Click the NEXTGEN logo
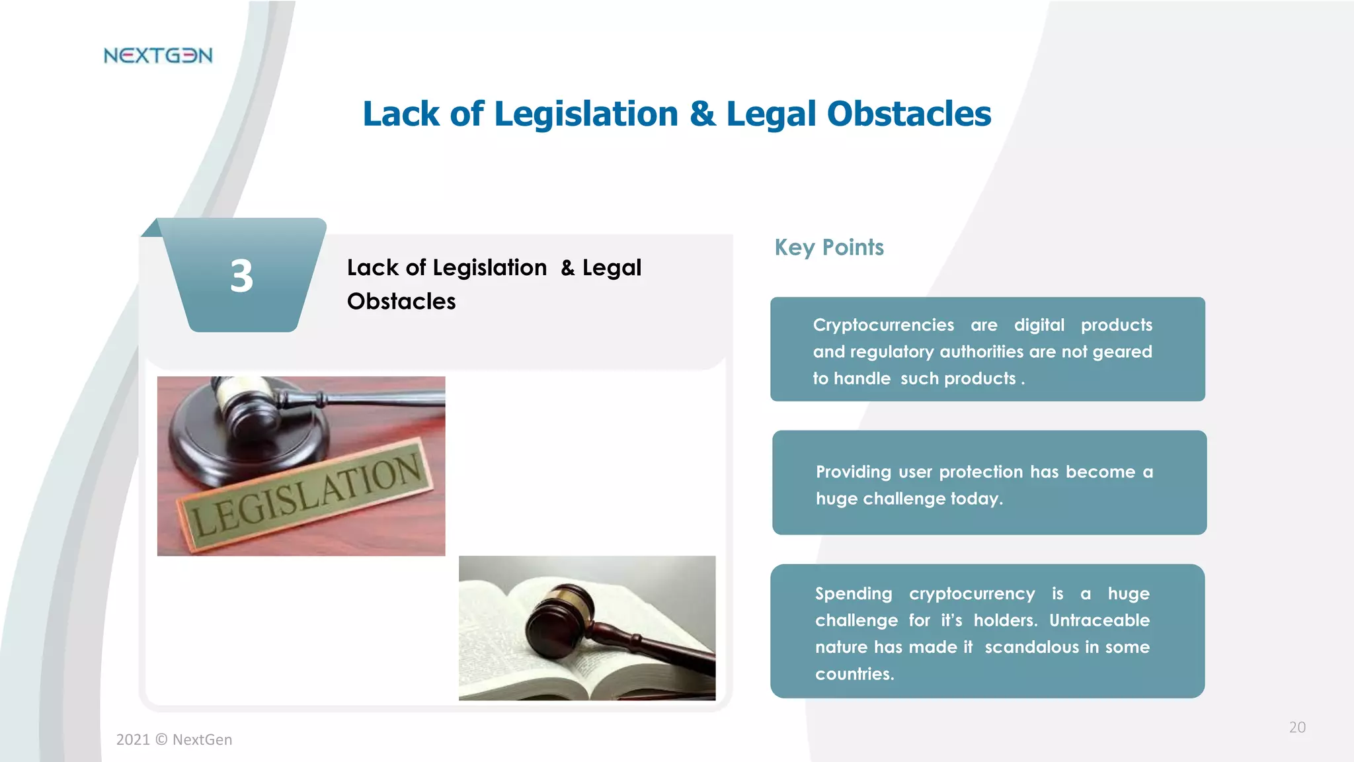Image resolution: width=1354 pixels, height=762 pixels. [158, 56]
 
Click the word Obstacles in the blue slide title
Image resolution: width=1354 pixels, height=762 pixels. [909, 114]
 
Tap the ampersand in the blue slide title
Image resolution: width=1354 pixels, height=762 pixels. [702, 114]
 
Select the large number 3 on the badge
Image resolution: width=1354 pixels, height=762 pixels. [242, 276]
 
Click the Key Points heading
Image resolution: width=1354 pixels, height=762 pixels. [829, 247]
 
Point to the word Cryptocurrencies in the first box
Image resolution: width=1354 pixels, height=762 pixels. [883, 325]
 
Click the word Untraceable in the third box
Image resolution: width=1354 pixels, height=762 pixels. [1099, 620]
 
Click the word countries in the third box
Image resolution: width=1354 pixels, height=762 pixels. [853, 674]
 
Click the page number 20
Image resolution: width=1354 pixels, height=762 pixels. [1297, 728]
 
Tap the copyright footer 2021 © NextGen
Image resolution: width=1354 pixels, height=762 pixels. [175, 740]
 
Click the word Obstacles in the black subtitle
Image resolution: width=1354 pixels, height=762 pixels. [401, 302]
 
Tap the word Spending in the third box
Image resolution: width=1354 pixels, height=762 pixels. [853, 593]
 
